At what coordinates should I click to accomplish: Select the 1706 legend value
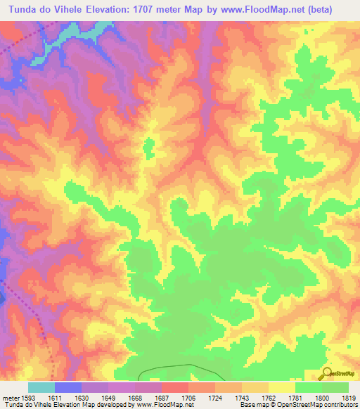(x=188, y=397)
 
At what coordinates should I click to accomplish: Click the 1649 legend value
(x=108, y=397)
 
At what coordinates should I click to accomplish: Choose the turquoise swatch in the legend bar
(x=41, y=387)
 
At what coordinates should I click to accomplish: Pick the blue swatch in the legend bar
(x=67, y=387)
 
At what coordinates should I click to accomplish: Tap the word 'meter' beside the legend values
(x=10, y=397)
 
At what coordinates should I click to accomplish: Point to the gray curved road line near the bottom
(x=176, y=368)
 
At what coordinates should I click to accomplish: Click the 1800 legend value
(x=321, y=397)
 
